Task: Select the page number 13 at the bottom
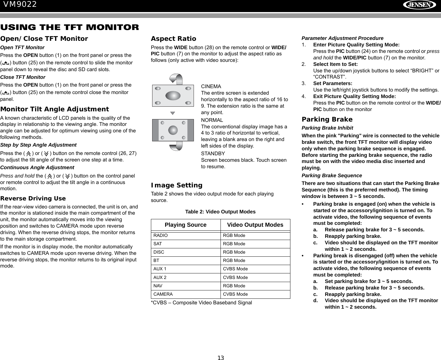[220, 358]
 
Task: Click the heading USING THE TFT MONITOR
[70, 27]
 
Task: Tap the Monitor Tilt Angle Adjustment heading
[54, 109]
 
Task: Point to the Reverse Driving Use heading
[33, 198]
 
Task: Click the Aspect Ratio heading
[173, 39]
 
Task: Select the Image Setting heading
[177, 185]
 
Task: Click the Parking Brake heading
[327, 119]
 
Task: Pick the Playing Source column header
[186, 225]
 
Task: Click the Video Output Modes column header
[255, 225]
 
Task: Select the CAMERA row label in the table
[163, 294]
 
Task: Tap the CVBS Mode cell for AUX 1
[235, 269]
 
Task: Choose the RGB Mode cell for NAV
[234, 286]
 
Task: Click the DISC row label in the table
[159, 252]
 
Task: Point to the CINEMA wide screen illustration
[173, 95]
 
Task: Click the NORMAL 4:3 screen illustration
[173, 130]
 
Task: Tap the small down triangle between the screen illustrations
[173, 113]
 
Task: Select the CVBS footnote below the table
[201, 302]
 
